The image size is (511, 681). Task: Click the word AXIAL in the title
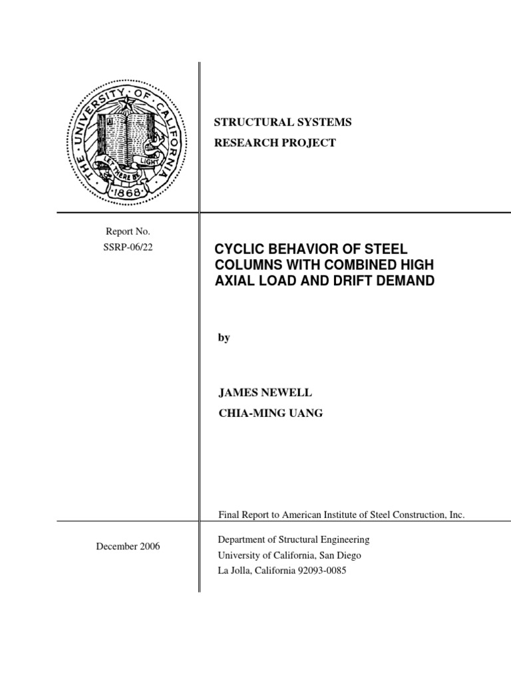click(233, 281)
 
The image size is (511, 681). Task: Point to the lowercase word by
click(224, 337)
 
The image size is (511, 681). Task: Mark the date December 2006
click(128, 547)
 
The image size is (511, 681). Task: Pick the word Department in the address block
click(242, 539)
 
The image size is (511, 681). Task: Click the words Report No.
click(128, 231)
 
